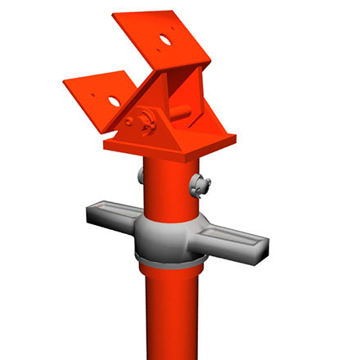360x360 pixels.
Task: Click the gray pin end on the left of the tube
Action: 141,175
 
